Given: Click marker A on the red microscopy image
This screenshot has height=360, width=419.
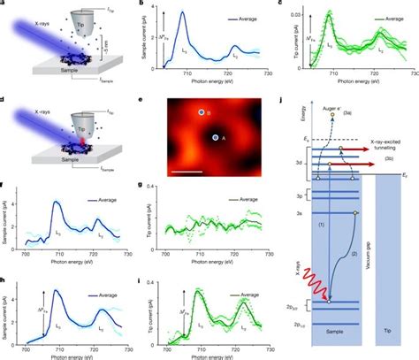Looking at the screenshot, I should tap(214, 138).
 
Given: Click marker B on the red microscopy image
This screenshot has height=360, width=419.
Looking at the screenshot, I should tap(202, 112).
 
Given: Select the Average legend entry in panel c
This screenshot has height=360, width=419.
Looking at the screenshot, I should tap(380, 17).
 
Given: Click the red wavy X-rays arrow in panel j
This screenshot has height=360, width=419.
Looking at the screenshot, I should tap(311, 272).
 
